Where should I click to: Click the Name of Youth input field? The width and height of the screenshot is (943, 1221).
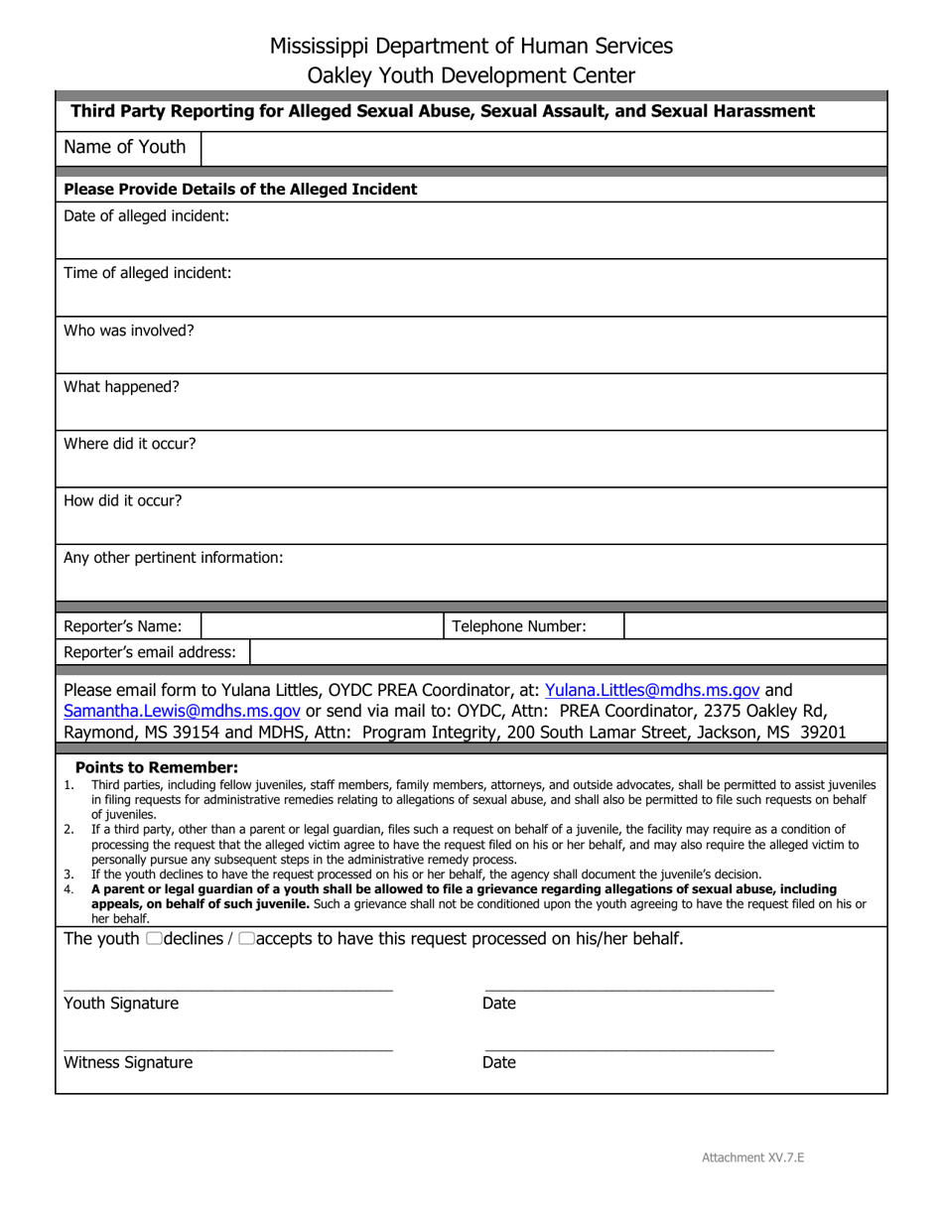pos(543,148)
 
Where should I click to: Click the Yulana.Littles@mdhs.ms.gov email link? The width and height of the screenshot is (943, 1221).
pos(652,690)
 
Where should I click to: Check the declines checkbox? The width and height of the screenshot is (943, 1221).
pos(153,939)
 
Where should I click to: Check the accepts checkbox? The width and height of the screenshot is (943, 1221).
pos(246,939)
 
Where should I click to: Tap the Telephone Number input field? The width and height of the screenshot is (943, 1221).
pos(754,626)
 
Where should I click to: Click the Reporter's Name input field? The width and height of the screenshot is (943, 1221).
pos(321,626)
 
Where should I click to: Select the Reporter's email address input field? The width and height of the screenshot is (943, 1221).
pos(567,652)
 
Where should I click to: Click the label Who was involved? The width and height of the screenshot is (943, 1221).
pos(129,331)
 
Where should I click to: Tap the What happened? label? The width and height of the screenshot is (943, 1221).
pos(121,387)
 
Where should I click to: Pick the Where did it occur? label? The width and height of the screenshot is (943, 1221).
pos(130,444)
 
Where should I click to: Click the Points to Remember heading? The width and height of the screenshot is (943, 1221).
pos(157,767)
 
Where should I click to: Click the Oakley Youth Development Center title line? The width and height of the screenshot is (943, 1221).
pos(471,75)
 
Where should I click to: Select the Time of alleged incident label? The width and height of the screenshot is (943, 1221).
pos(147,273)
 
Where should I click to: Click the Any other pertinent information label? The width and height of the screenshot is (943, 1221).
pos(173,558)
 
